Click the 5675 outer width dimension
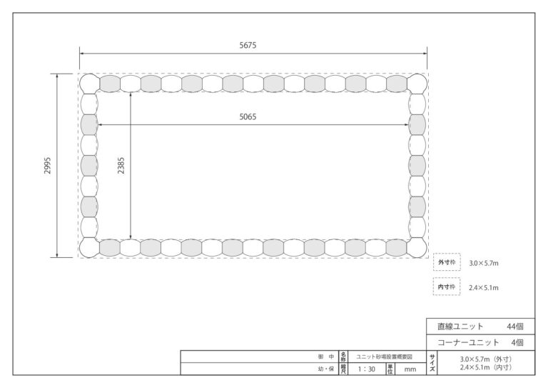point(248,45)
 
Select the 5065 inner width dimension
point(248,117)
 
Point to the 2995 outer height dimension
point(47,166)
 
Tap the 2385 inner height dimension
point(121,166)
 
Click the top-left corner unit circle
point(89,84)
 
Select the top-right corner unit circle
point(417,84)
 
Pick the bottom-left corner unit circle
point(89,248)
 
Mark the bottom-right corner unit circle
point(417,248)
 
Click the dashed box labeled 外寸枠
point(447,253)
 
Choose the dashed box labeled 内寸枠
point(447,278)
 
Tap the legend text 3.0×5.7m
point(484,263)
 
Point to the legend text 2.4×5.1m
point(484,287)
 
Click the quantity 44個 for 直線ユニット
point(515,327)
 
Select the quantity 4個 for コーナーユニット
point(517,342)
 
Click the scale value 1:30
point(366,369)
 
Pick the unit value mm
point(410,369)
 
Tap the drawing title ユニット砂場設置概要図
point(384,357)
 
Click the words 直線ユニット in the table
point(460,327)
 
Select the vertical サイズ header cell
point(432,363)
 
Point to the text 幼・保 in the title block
point(326,369)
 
